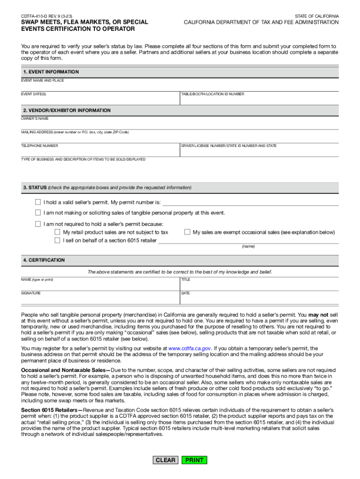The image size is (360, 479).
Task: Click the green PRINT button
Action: [194, 460]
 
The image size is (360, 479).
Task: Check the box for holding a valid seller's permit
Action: [38, 203]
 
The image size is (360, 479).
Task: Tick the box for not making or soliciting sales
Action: [38, 213]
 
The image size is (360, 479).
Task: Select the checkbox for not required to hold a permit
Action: [38, 224]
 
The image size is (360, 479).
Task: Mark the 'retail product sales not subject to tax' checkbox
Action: [57, 232]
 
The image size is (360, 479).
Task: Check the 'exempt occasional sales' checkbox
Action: [187, 232]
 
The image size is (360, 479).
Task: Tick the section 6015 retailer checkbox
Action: [57, 240]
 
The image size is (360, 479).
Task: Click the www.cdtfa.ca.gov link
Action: [190, 348]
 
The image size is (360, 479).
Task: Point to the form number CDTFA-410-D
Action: [35, 16]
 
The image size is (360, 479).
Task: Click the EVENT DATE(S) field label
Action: [34, 94]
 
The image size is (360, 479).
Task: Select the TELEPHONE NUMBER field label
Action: [40, 146]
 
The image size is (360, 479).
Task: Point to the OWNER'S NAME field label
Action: [35, 119]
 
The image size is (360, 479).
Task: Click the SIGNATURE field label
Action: [31, 293]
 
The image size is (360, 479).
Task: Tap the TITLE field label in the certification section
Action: [186, 280]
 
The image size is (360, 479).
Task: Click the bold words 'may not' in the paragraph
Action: [318, 315]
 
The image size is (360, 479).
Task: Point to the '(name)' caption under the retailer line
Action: [248, 247]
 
